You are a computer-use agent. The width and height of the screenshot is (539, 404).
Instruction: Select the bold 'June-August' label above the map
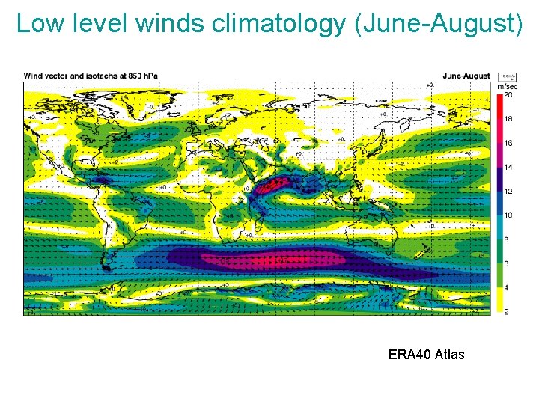[466, 76]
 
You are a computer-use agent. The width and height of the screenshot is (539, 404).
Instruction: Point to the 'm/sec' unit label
[506, 88]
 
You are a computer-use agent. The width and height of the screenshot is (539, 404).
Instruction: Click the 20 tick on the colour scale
[508, 95]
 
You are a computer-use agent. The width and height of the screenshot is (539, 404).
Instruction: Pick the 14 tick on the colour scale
[508, 167]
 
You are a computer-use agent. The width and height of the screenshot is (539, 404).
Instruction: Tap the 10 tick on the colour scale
[508, 215]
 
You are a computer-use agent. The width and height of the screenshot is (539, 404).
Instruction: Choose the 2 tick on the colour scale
[508, 310]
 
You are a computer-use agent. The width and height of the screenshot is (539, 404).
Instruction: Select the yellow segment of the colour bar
[499, 299]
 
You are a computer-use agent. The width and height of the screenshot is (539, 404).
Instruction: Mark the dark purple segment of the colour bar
[499, 179]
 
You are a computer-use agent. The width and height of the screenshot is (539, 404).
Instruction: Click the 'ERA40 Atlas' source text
[426, 355]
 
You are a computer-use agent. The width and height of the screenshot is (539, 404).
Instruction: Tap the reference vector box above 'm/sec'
[506, 77]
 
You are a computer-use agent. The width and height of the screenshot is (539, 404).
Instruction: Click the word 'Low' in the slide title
[35, 24]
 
